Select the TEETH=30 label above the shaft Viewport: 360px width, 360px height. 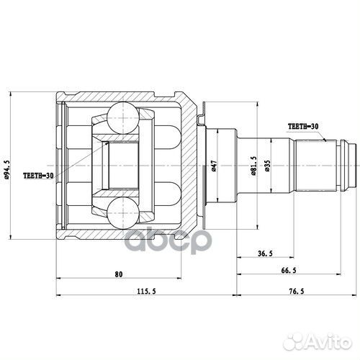click(x=302, y=125)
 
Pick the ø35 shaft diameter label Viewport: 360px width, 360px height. click(x=266, y=166)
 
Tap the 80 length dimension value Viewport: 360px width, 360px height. click(x=119, y=274)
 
